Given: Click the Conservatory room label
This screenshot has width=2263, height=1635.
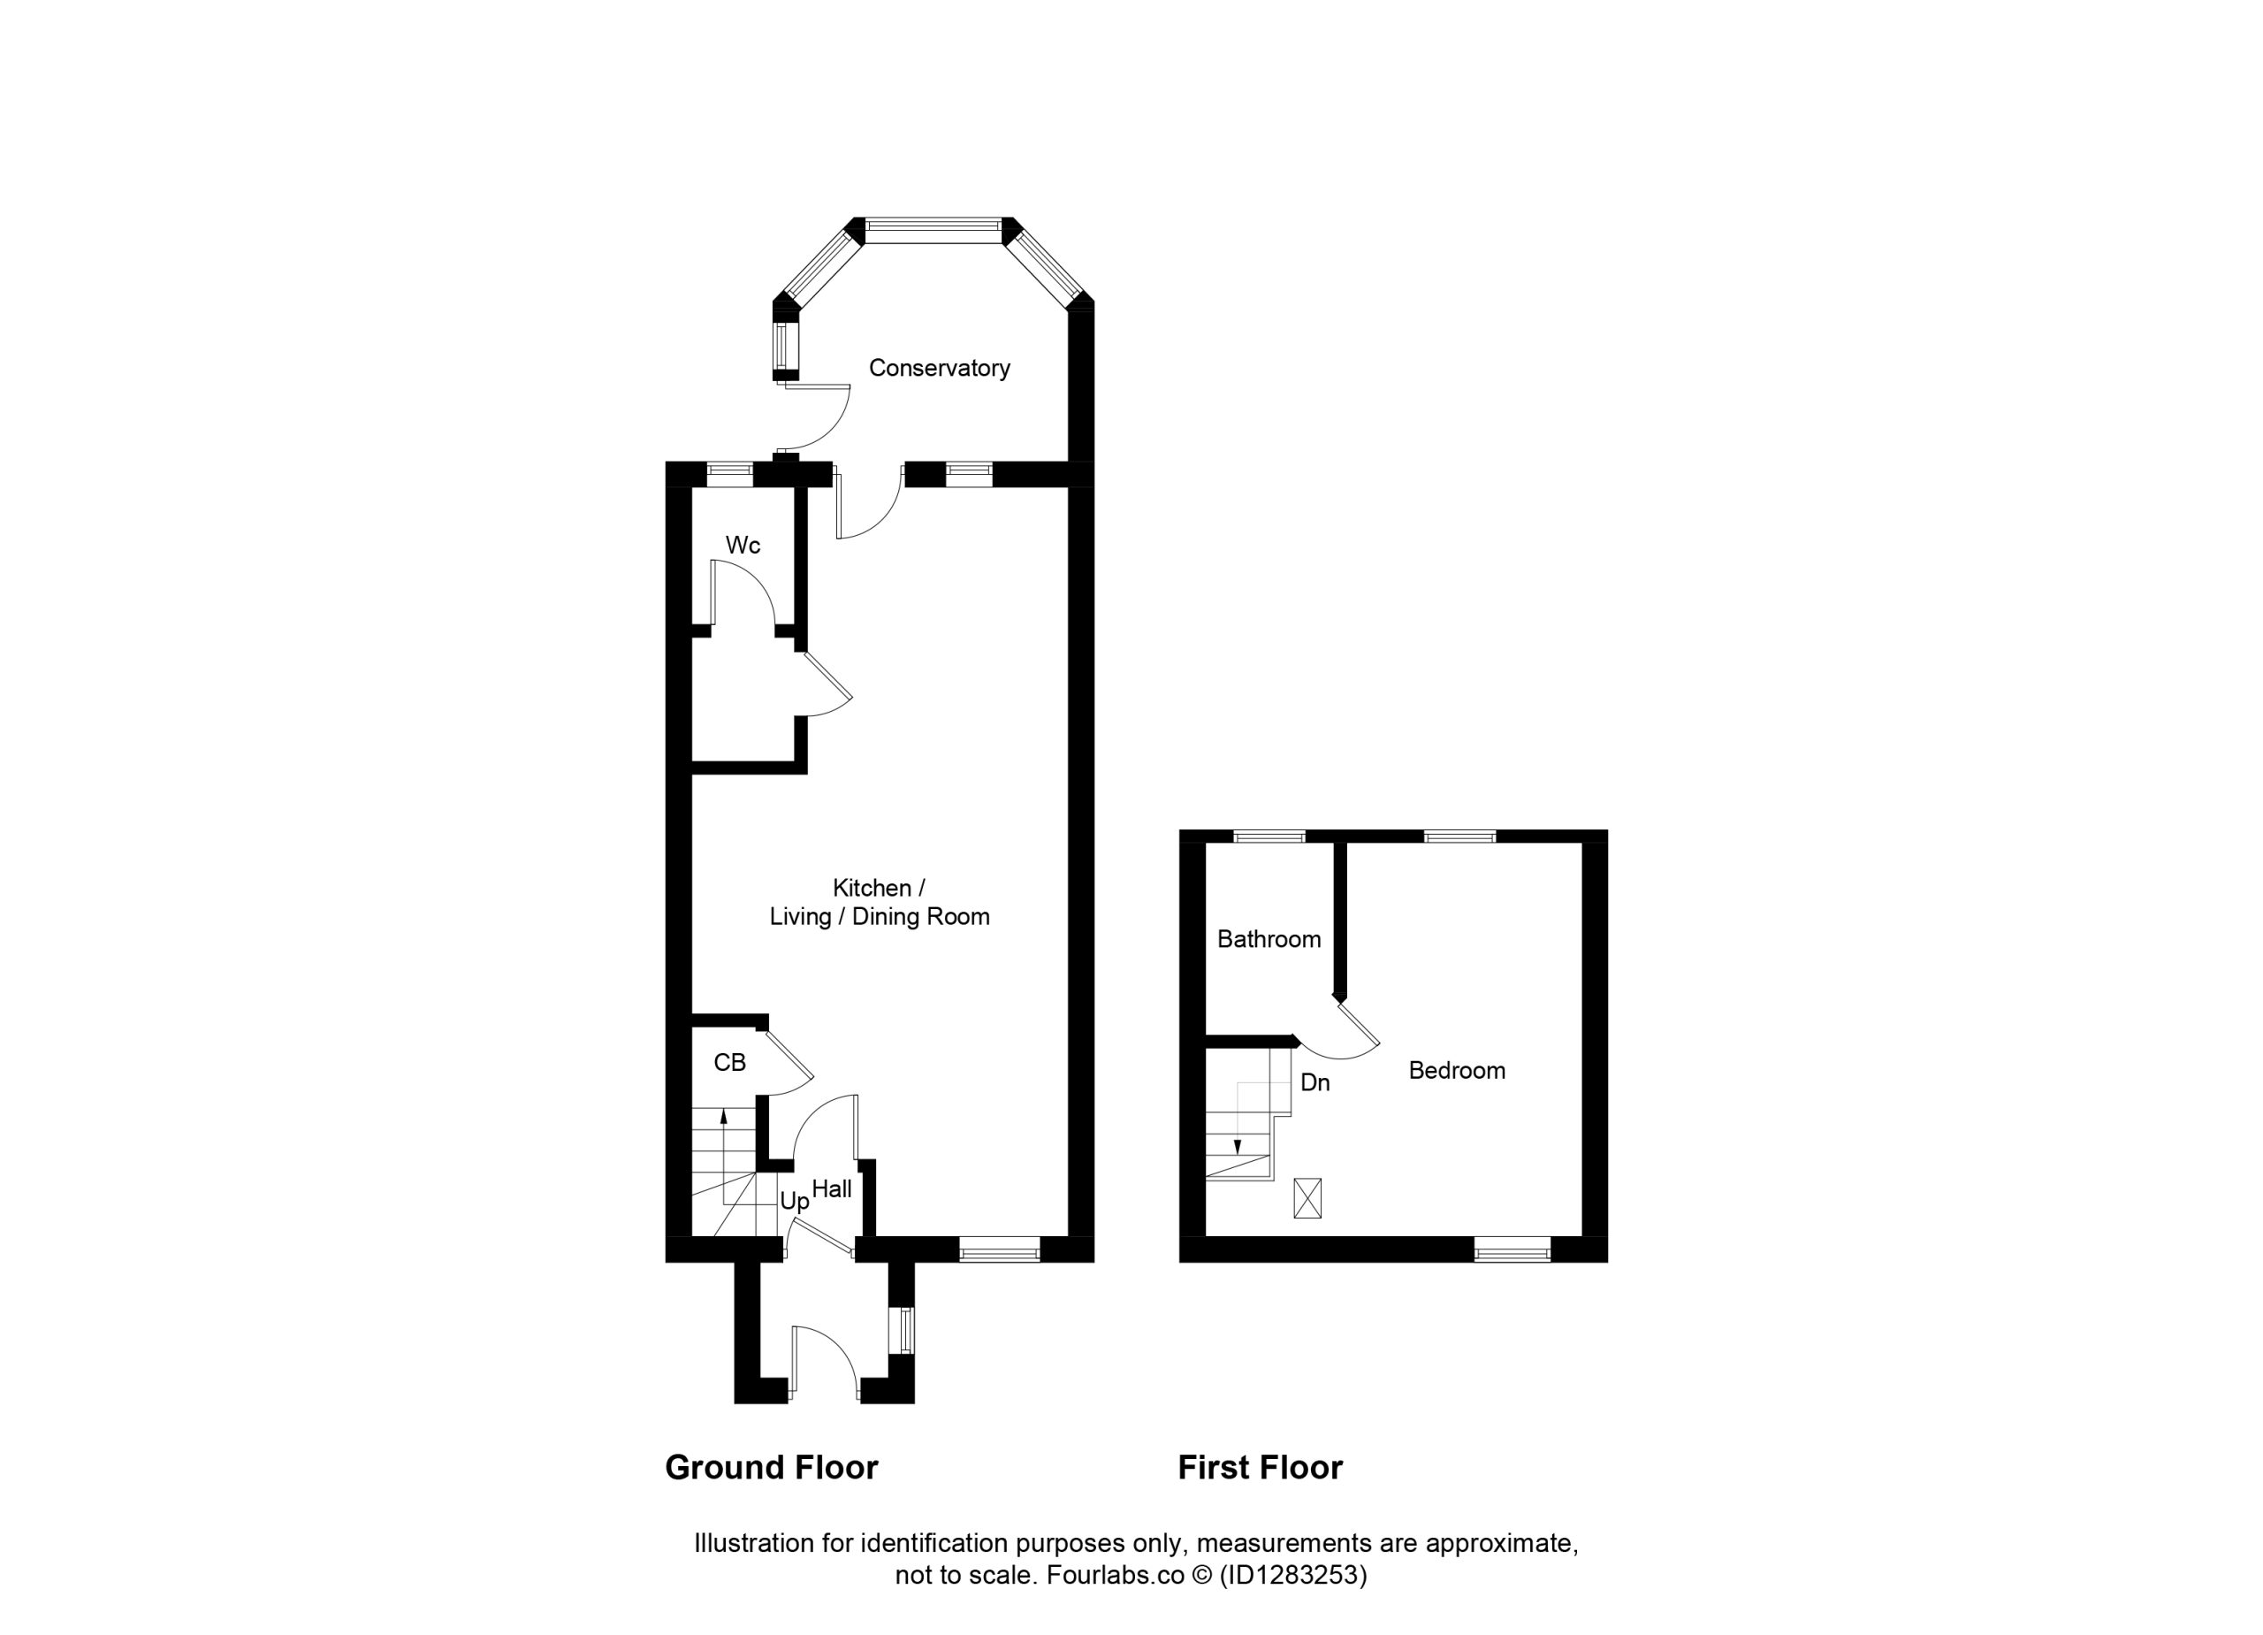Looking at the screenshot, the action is [939, 369].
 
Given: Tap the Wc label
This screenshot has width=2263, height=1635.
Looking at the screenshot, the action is [743, 545].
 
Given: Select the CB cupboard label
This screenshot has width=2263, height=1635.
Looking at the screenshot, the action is [729, 1063].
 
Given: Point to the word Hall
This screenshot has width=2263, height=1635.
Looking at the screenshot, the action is [831, 1188].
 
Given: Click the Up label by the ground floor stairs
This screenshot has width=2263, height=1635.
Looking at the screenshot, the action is [794, 1203].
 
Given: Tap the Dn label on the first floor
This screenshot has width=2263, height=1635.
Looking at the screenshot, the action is [1315, 1083].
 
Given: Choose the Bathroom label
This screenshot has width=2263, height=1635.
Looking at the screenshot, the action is [1269, 939].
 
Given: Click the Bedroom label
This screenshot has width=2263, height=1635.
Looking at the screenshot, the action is [1456, 1071].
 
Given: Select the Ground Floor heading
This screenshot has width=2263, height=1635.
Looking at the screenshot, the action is [772, 1467].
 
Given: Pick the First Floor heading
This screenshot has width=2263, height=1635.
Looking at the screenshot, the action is [1261, 1467].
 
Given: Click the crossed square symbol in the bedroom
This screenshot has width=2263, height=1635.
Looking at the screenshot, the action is [1307, 1198].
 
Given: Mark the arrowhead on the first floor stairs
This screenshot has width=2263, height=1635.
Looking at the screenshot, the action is [1238, 1147].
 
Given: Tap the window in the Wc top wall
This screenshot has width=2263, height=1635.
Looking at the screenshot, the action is [730, 474].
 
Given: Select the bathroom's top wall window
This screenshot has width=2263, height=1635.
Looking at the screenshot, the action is [1269, 837].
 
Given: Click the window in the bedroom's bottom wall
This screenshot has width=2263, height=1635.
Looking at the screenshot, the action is [1512, 1249].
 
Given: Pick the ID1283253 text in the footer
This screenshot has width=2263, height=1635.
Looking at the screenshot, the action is [1293, 1575].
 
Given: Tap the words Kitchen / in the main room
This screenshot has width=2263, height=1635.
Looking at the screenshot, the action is [879, 889].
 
